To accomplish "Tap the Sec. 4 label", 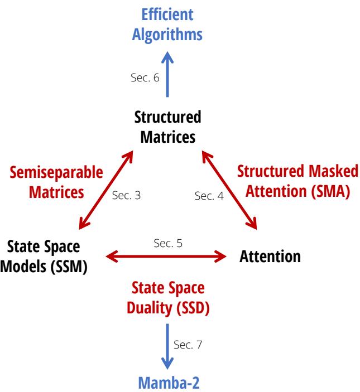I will pos(208,196).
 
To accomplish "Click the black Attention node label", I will pos(270,257).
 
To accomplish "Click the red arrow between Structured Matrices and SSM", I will pos(107,190).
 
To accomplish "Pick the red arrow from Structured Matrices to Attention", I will pos(229,190).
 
